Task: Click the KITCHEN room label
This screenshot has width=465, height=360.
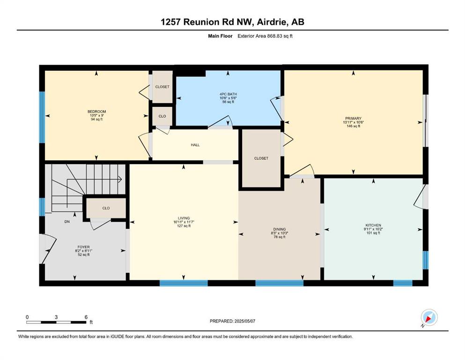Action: click(373, 225)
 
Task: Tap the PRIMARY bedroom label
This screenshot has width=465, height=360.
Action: click(353, 119)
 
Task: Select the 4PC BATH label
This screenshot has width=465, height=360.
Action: click(228, 94)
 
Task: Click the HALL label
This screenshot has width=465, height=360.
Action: click(195, 145)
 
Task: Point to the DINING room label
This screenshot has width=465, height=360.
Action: click(280, 229)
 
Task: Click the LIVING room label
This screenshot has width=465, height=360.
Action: click(184, 218)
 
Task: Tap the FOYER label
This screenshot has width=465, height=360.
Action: click(84, 247)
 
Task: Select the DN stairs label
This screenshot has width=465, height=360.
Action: click(67, 221)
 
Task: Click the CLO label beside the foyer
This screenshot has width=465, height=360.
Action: click(106, 208)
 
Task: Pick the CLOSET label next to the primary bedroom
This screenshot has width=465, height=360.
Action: click(261, 158)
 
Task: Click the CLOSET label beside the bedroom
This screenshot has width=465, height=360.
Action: click(162, 87)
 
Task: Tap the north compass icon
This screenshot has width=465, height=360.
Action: click(429, 317)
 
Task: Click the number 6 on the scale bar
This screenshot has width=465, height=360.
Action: click(86, 317)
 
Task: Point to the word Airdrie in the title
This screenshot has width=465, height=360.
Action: click(272, 22)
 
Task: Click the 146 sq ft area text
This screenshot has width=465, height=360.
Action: click(353, 126)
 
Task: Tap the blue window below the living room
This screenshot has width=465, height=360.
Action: click(184, 283)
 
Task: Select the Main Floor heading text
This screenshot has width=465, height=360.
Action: click(220, 36)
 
